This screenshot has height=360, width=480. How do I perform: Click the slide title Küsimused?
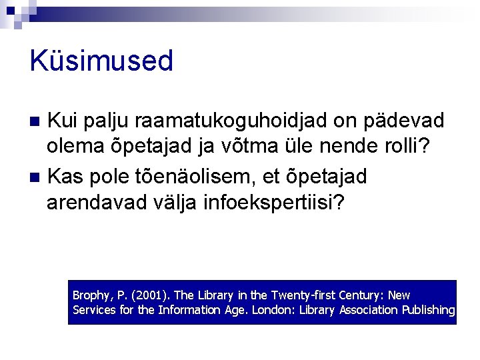(x=101, y=61)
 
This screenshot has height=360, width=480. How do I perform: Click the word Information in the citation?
(x=188, y=310)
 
